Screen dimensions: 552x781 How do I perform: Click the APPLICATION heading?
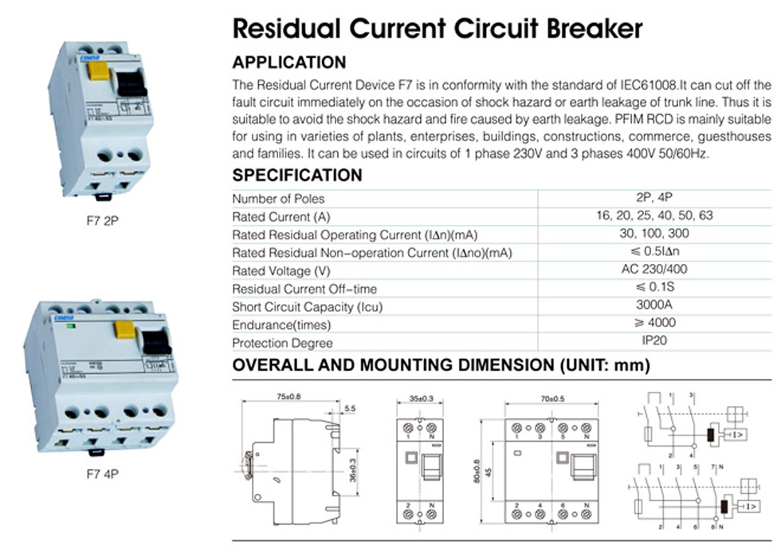coord(288,62)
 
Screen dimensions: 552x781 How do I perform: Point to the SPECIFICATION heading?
coord(296,175)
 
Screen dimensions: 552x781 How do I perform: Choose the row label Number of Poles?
coord(278,199)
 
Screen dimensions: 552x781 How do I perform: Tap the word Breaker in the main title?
coord(591,29)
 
